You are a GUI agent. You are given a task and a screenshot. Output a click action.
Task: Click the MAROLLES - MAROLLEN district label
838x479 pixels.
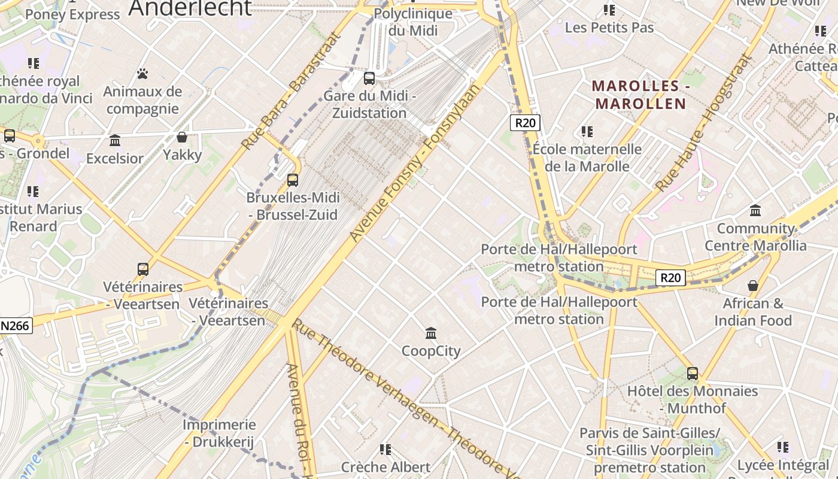point(639,95)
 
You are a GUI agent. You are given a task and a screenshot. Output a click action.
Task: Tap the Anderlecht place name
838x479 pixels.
point(190,8)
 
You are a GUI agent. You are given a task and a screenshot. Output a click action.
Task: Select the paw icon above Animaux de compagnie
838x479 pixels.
point(142,74)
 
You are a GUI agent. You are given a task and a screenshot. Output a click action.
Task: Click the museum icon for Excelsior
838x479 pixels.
point(115,141)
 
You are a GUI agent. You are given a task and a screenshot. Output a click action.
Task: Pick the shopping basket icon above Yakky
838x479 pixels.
point(182,137)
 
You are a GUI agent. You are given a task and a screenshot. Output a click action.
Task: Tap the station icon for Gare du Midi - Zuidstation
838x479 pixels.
point(369,78)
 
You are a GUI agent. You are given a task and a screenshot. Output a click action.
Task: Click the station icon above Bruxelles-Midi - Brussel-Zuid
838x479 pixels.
point(293,180)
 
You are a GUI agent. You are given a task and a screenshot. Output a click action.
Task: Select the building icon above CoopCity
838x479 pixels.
point(431,333)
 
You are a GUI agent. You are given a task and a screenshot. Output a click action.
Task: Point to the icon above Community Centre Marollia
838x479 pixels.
point(755,210)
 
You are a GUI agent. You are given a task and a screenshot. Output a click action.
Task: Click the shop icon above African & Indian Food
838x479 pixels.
point(753,286)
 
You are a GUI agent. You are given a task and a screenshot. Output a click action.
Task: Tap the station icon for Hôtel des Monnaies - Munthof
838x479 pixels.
point(693,374)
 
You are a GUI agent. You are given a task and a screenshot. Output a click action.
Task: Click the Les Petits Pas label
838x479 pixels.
point(609,28)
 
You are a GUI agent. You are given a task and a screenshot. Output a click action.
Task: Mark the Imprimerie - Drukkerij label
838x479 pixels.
point(219,433)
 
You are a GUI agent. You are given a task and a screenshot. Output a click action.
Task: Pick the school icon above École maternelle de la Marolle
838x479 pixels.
point(587,131)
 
